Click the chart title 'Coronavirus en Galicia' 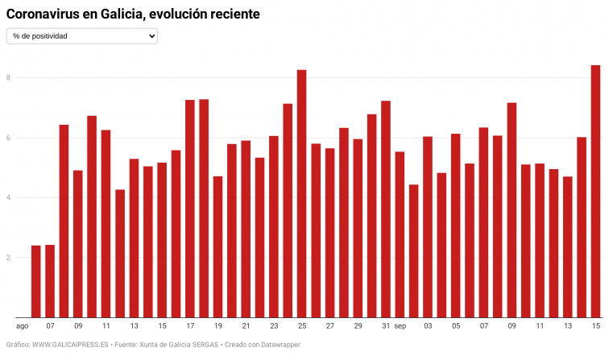click(x=133, y=14)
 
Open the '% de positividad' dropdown click(x=81, y=36)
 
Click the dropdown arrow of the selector click(x=151, y=36)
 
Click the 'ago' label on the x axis click(x=23, y=326)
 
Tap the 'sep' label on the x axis click(x=400, y=326)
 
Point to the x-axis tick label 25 click(x=302, y=326)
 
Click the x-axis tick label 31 click(x=386, y=326)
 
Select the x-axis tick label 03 click(x=428, y=326)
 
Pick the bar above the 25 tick click(x=302, y=193)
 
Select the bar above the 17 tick click(x=190, y=209)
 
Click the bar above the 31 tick click(x=386, y=209)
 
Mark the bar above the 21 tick click(x=246, y=229)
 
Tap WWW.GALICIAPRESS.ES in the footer click(x=70, y=346)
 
